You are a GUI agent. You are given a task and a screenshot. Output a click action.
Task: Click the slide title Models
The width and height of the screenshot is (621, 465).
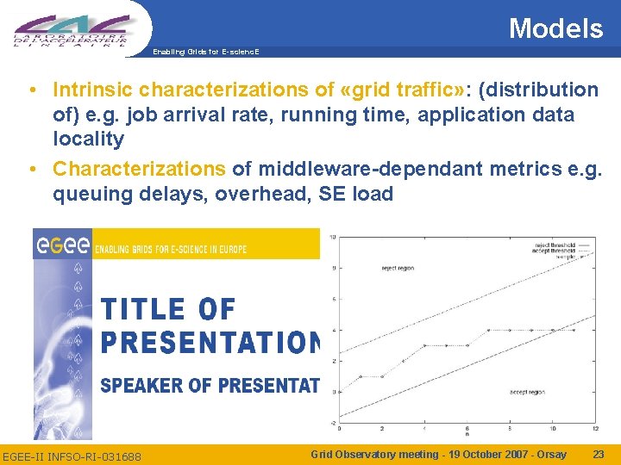point(555,28)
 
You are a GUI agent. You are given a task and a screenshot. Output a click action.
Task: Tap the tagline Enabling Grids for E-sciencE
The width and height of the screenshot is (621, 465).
point(205,53)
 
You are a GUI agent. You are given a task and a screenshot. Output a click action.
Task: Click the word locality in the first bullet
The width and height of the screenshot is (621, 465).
point(88,139)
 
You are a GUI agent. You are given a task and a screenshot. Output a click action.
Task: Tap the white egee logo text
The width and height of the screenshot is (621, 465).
point(62,246)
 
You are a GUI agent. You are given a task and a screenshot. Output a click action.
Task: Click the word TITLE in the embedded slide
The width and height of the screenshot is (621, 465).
point(143,309)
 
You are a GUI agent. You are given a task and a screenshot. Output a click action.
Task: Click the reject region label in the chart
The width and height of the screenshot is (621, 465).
point(398,268)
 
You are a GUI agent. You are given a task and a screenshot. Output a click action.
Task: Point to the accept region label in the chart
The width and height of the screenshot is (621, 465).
point(526,392)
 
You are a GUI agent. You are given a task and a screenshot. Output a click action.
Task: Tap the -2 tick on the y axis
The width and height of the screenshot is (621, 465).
point(332,423)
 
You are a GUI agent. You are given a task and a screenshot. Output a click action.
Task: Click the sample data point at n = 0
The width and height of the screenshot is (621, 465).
point(339,392)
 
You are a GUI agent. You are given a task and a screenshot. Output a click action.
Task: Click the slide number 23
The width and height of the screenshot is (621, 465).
point(598,454)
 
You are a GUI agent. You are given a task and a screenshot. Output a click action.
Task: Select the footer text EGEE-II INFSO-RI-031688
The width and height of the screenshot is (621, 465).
point(72,455)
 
